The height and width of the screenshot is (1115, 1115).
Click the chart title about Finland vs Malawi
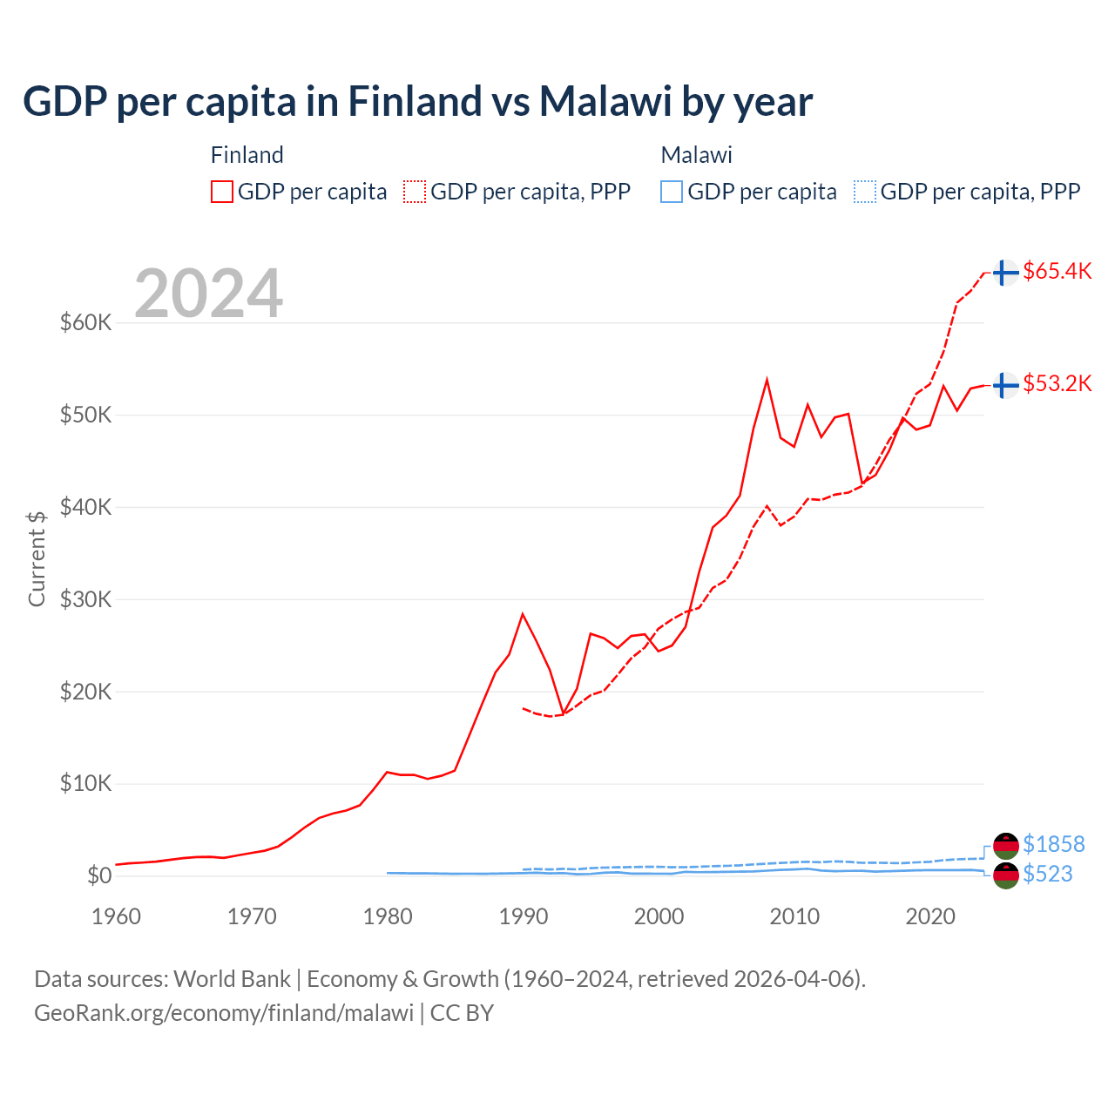(417, 102)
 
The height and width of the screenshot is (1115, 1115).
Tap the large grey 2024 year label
(208, 294)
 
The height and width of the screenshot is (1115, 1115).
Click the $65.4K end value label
(1057, 271)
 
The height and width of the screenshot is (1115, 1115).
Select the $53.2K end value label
(1057, 383)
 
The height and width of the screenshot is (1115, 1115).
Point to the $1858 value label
(1053, 844)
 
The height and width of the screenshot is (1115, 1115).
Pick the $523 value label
(1047, 874)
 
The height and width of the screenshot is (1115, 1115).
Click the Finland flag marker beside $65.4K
(1006, 273)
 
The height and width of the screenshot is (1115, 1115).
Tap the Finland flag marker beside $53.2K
(1006, 384)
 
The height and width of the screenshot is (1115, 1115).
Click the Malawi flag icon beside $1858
(1006, 845)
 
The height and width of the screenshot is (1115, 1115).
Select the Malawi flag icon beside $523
(1006, 875)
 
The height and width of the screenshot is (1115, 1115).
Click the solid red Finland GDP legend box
(222, 192)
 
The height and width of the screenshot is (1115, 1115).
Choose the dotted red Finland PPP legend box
(415, 192)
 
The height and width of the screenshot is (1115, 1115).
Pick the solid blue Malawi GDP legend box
(672, 192)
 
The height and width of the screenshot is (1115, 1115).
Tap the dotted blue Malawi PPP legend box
(865, 192)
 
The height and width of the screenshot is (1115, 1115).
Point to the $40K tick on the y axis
(86, 507)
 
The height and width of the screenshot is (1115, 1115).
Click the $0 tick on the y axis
(99, 875)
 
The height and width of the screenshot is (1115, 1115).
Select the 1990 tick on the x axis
(524, 916)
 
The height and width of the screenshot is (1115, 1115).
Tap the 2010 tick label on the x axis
(794, 916)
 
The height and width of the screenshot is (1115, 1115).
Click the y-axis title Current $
(37, 558)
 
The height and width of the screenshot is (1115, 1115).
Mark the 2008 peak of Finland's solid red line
(767, 380)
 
